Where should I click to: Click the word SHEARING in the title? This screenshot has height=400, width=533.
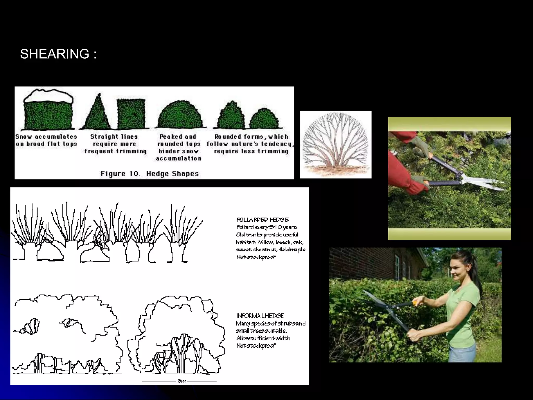[55, 54]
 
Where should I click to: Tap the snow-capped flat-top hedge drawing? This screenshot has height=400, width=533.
[48, 111]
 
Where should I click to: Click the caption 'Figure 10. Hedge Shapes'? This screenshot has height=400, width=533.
[150, 174]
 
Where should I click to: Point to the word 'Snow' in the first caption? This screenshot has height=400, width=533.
[23, 137]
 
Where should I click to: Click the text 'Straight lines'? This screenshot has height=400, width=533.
[114, 137]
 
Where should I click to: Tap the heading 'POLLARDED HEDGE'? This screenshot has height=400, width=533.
[262, 220]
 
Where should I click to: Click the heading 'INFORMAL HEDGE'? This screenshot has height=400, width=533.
[260, 316]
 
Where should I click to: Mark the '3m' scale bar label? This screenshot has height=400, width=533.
[182, 381]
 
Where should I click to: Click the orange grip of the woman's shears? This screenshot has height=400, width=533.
[414, 303]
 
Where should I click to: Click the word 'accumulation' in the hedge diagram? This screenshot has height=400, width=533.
[179, 158]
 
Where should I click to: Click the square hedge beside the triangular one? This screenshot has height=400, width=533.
[131, 114]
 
